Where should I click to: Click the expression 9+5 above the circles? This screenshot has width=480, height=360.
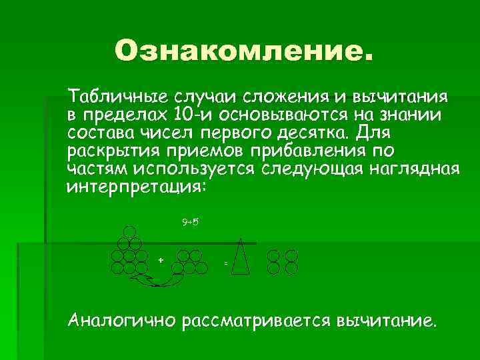(191, 221)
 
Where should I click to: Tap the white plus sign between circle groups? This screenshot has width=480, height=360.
(161, 259)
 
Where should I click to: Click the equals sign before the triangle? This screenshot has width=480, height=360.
(225, 265)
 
